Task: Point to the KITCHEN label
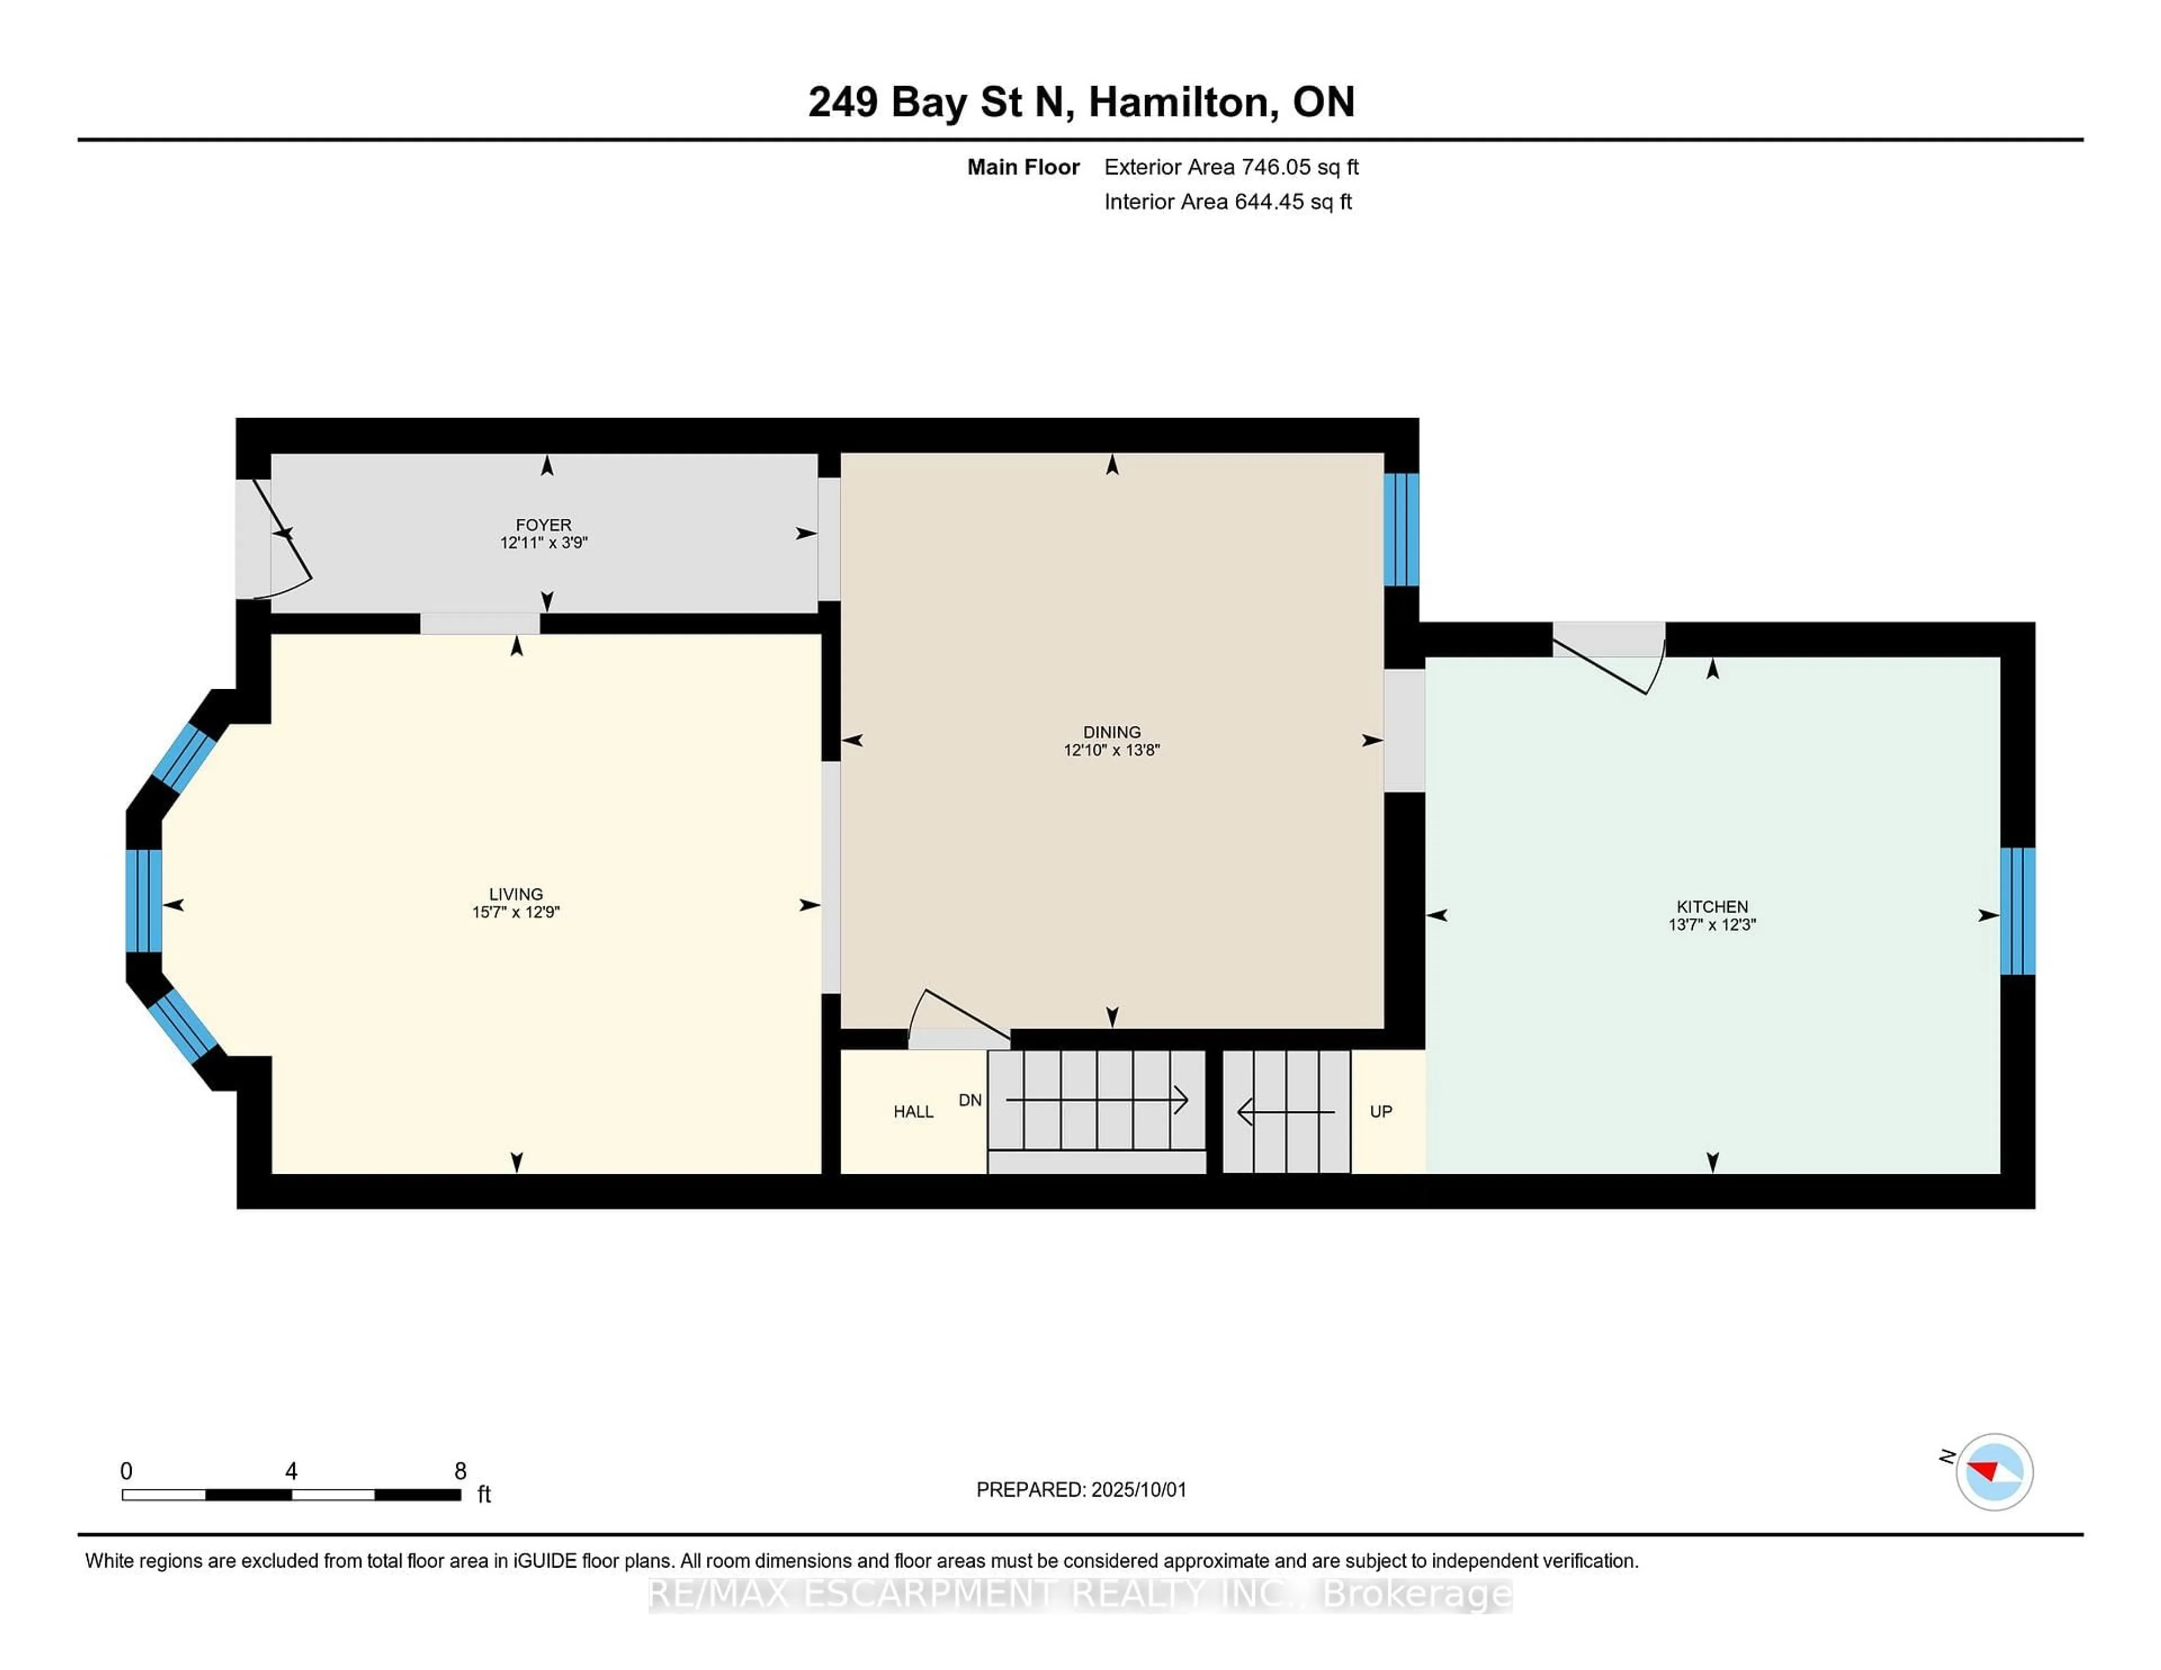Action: point(1712,906)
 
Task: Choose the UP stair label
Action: point(1380,1112)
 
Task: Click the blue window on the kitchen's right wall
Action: point(2016,911)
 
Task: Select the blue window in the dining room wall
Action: point(1400,529)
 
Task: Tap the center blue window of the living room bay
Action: point(144,900)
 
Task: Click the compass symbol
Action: point(1994,1472)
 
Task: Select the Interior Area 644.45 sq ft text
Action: point(1227,202)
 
